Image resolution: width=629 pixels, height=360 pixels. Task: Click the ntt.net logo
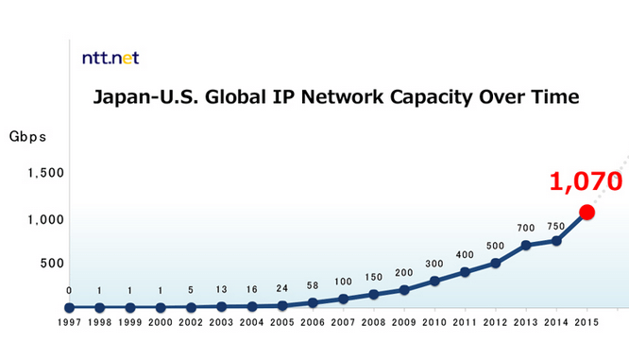pos(110,58)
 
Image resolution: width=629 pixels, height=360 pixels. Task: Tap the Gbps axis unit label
pos(27,136)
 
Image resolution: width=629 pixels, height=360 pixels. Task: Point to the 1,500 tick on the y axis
pos(46,173)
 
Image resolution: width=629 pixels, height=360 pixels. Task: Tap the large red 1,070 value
pos(586,180)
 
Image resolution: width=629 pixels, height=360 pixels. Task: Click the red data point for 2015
pos(586,212)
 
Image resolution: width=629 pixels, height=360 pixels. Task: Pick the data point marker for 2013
pos(526,245)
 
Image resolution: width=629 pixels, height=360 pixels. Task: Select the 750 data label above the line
pos(556,227)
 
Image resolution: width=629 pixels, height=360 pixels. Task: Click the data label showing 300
pos(434,264)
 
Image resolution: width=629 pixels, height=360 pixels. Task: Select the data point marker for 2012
pos(495,263)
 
